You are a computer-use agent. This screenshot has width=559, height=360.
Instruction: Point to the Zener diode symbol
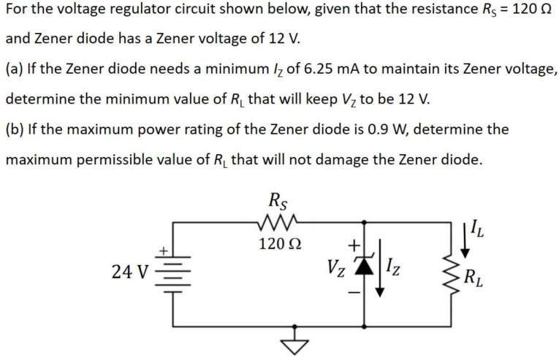(358, 272)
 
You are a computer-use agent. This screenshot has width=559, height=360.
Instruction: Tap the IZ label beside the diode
(393, 272)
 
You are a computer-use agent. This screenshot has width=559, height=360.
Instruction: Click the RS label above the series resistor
(278, 198)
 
